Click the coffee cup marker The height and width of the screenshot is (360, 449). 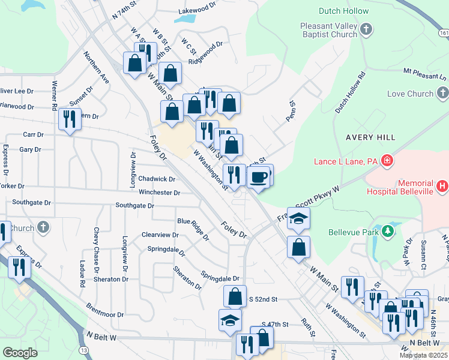pyautogui.click(x=259, y=178)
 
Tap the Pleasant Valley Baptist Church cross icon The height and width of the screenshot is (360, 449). pyautogui.click(x=367, y=28)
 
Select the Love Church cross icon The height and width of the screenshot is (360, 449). pyautogui.click(x=442, y=93)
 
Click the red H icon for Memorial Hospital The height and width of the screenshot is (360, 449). pyautogui.click(x=442, y=187)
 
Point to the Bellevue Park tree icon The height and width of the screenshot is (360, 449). pyautogui.click(x=388, y=231)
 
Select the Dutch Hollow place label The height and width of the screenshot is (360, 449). pyautogui.click(x=330, y=11)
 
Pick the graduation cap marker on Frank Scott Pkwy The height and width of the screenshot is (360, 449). pyautogui.click(x=298, y=219)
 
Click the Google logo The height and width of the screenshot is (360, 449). pyautogui.click(x=20, y=353)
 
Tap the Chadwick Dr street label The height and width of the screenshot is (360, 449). pyautogui.click(x=156, y=179)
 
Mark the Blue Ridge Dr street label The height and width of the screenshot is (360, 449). pyautogui.click(x=193, y=227)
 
